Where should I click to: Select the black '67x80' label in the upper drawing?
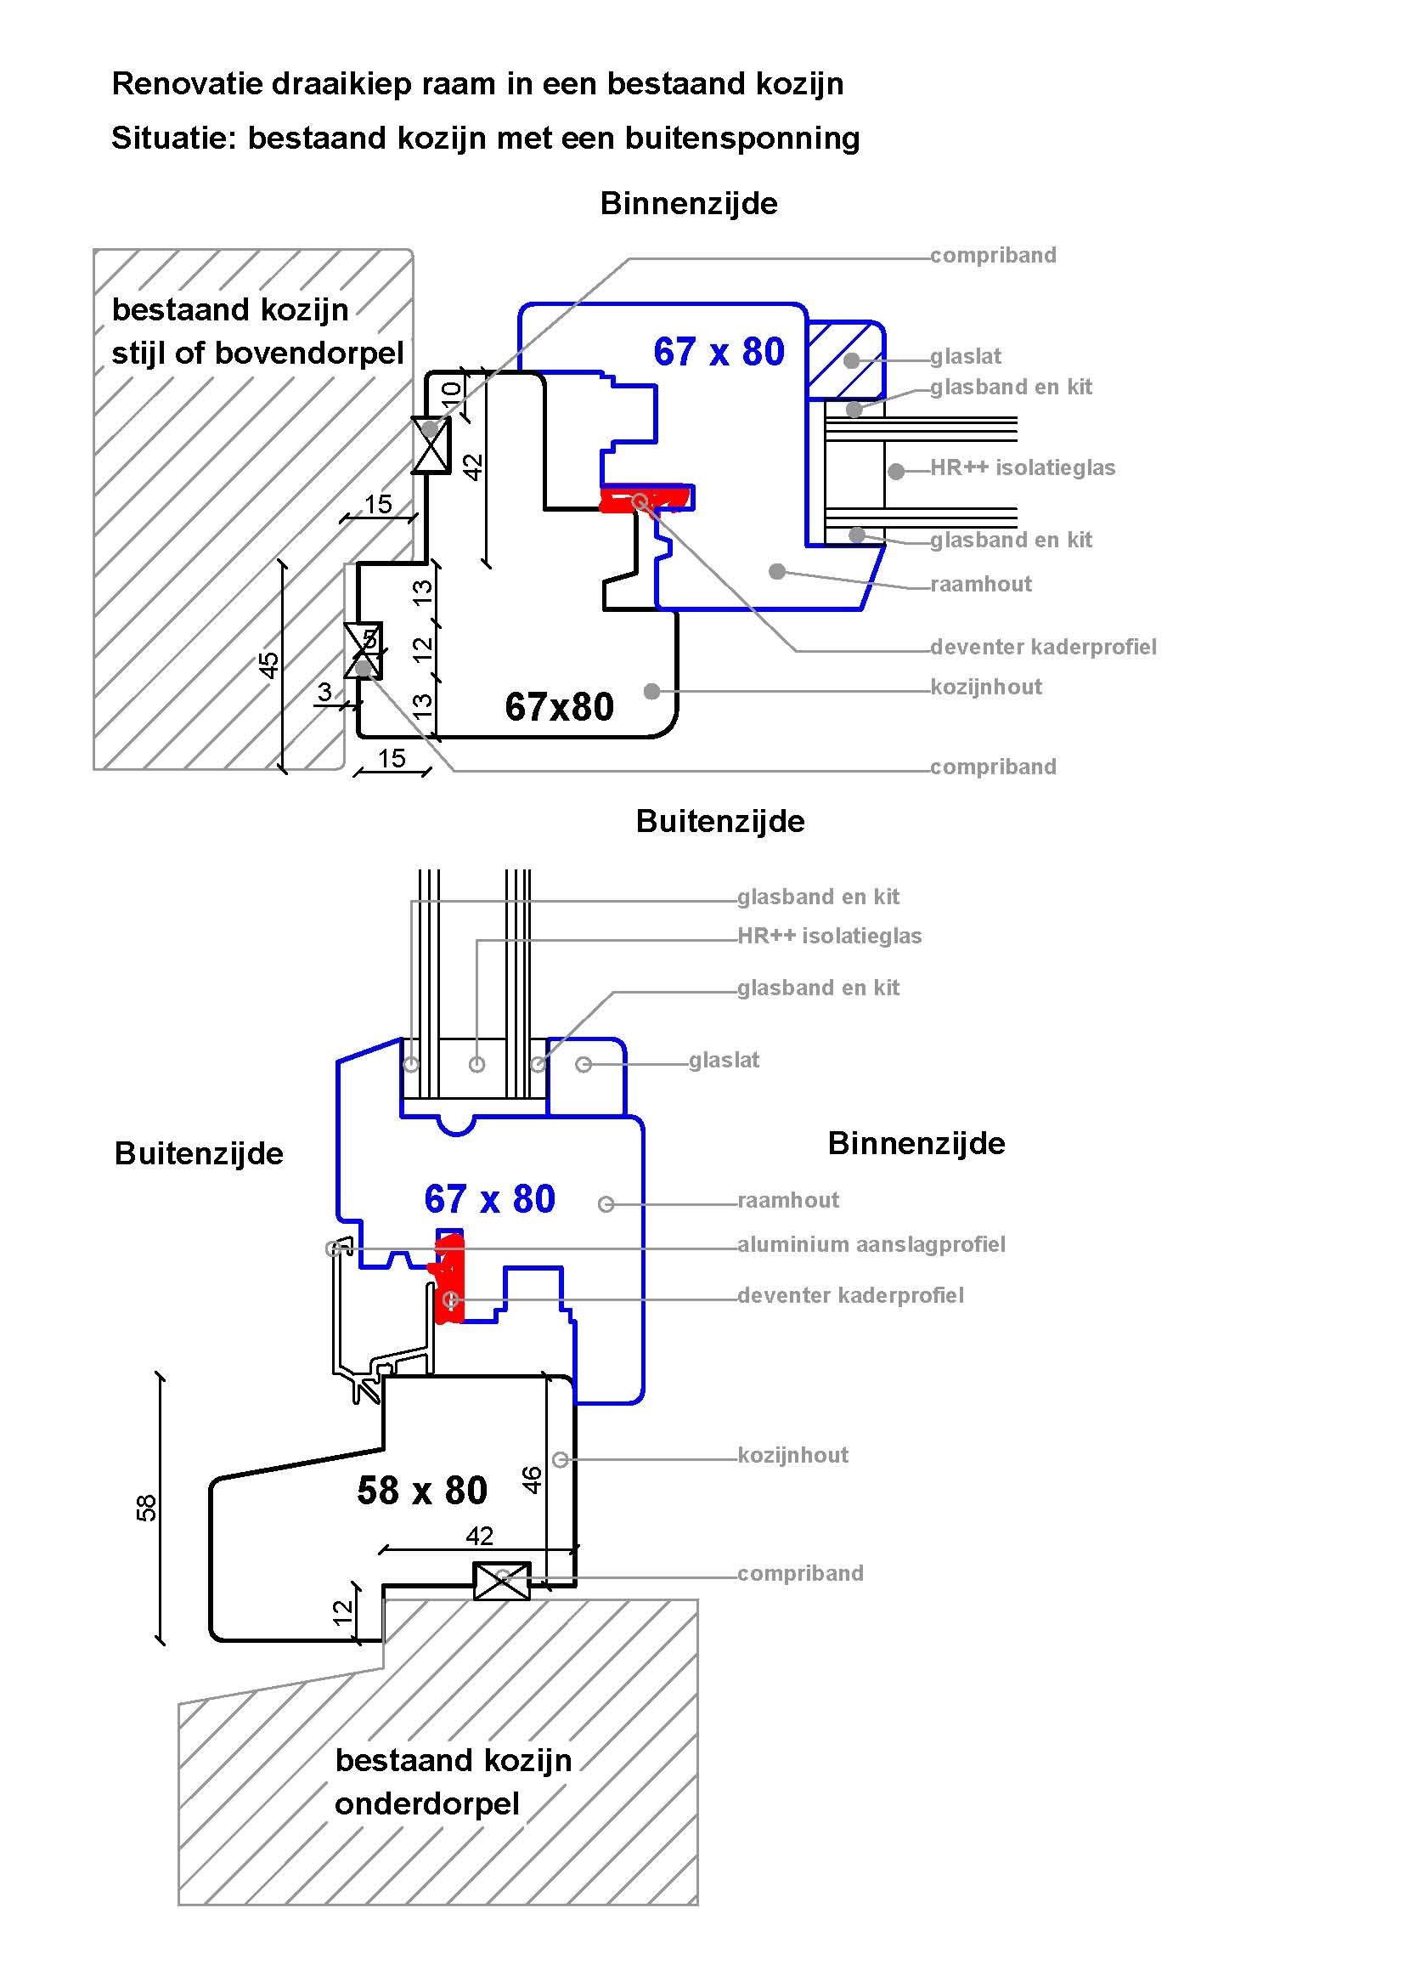(559, 707)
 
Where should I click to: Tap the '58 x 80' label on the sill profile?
(422, 1491)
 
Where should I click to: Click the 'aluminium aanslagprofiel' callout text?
(871, 1244)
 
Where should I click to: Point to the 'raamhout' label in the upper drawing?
(981, 584)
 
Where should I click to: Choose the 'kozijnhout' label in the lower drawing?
(792, 1455)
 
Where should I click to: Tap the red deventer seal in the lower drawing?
(450, 1280)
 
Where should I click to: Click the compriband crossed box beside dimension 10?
(431, 444)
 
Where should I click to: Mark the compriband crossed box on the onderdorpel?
(502, 1581)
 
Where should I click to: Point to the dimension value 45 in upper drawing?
(269, 665)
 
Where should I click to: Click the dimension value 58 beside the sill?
(147, 1508)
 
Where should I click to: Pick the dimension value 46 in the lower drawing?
(532, 1479)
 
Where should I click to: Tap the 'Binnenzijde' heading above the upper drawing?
(689, 204)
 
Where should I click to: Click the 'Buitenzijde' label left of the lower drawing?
(199, 1153)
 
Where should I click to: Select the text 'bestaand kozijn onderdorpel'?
(453, 1782)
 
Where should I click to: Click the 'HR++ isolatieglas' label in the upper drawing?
(1023, 468)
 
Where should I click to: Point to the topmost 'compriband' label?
(993, 255)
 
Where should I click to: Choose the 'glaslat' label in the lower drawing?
(724, 1060)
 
